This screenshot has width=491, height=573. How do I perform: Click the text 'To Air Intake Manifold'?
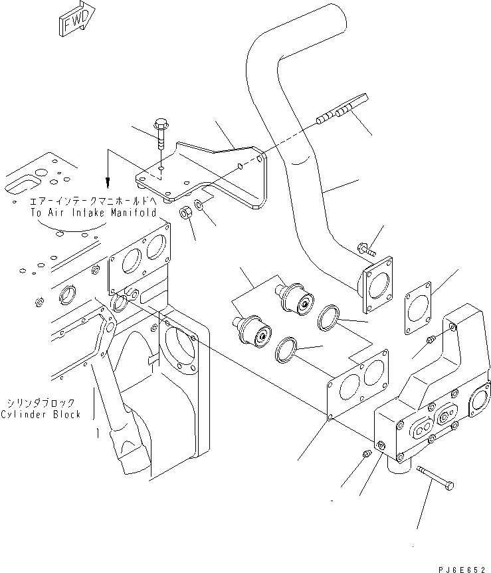point(93,213)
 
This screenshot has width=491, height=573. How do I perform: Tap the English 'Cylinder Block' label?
point(41,414)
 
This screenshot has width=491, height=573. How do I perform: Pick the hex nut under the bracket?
point(187,213)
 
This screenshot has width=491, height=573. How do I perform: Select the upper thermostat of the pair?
point(296,296)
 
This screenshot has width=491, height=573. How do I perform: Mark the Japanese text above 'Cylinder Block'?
point(41,403)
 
